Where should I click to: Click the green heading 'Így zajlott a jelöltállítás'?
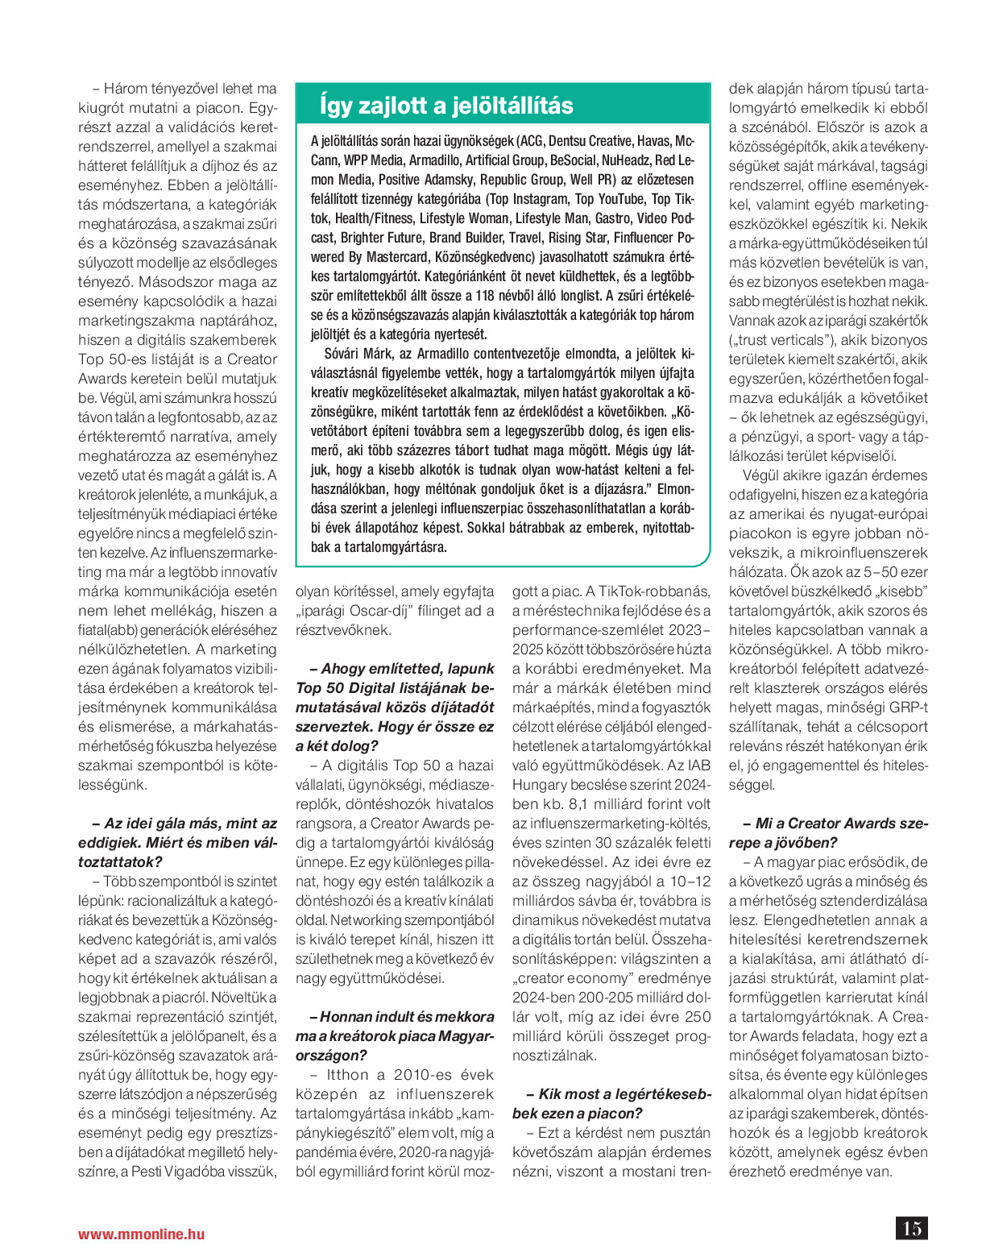coord(446,106)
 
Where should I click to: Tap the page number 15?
coord(912,1228)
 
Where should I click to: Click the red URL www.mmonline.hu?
coord(141,1234)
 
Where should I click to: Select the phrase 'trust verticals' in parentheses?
coord(779,340)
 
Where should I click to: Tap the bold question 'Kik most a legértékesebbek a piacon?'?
coord(612,1104)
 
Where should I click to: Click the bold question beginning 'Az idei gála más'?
coord(178,833)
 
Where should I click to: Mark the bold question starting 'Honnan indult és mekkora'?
coord(395,1036)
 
